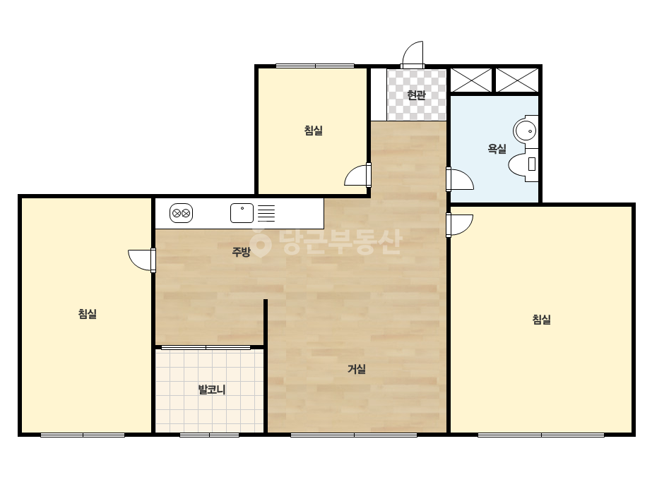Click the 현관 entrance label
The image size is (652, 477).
point(416,95)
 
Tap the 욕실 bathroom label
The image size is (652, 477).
point(497,149)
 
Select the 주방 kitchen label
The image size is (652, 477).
point(241,252)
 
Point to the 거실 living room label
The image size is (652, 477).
point(357,369)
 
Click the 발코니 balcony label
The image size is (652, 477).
point(212,390)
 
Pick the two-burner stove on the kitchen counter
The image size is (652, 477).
point(182,214)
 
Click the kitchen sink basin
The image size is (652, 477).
point(242,213)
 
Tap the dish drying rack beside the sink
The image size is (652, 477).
point(266,214)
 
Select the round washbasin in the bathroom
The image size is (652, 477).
point(526,131)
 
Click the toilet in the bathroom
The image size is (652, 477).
point(523,164)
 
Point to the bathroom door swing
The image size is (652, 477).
point(460,179)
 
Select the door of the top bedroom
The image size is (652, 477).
point(358,175)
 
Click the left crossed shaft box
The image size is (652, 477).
point(471,80)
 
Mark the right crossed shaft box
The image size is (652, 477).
point(517,80)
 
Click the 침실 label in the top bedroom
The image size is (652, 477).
point(314,131)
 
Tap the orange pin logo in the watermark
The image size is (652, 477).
point(260,243)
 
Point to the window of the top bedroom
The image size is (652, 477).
point(315,66)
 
